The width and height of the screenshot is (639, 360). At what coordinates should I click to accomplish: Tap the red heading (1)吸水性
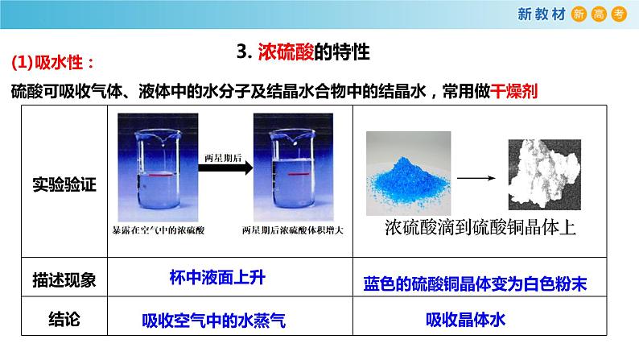[50, 63]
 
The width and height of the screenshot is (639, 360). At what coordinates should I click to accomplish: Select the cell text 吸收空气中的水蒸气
[214, 321]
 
